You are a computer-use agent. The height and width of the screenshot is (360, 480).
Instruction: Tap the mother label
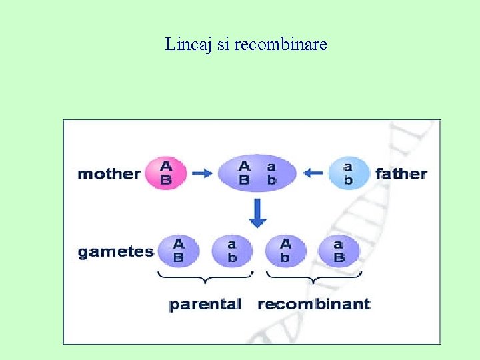pyautogui.click(x=109, y=174)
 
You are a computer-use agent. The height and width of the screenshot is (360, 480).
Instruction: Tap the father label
pyautogui.click(x=401, y=174)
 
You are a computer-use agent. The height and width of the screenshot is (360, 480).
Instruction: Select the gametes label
pyautogui.click(x=115, y=252)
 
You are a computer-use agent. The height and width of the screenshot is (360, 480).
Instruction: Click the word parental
pyautogui.click(x=205, y=305)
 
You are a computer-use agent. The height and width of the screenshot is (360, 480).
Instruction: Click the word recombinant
pyautogui.click(x=313, y=305)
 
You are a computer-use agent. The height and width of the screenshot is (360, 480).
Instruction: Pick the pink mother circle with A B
pyautogui.click(x=166, y=173)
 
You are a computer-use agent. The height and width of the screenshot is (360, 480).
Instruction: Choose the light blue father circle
pyautogui.click(x=348, y=173)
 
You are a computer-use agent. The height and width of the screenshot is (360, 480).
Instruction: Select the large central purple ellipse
pyautogui.click(x=257, y=173)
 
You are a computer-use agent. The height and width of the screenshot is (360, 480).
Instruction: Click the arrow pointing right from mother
pyautogui.click(x=202, y=173)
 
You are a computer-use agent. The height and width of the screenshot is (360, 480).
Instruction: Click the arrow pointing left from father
pyautogui.click(x=313, y=173)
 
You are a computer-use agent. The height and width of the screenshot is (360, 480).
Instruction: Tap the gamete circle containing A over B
pyautogui.click(x=178, y=251)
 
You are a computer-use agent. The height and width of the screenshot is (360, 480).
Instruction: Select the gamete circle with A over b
pyautogui.click(x=285, y=251)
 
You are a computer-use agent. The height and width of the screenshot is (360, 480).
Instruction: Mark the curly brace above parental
pyautogui.click(x=205, y=276)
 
